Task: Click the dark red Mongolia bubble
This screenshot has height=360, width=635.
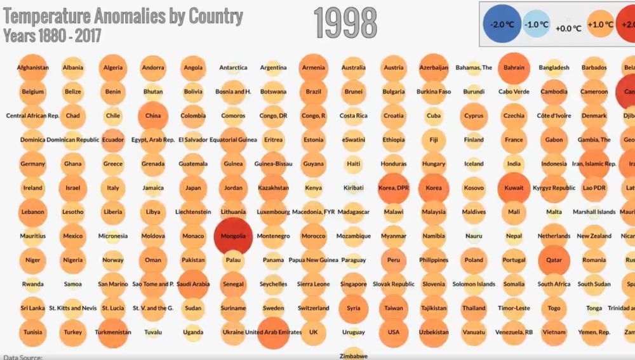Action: click(x=233, y=236)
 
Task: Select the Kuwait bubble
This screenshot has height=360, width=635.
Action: click(x=514, y=188)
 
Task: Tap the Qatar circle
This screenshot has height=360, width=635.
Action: click(x=554, y=260)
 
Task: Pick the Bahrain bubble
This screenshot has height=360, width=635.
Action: click(x=514, y=67)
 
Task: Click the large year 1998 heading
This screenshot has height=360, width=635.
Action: click(x=345, y=23)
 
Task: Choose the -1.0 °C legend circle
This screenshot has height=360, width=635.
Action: click(x=537, y=24)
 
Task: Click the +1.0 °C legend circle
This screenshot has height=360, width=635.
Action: click(x=599, y=24)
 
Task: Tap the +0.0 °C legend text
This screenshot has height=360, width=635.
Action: click(x=568, y=28)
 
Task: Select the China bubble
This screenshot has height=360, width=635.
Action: click(x=153, y=116)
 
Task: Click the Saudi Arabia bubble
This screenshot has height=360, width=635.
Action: click(x=193, y=284)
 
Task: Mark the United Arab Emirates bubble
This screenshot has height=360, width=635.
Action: click(x=273, y=332)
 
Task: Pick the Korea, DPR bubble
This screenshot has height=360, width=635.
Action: click(x=394, y=188)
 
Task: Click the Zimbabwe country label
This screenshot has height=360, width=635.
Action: click(x=354, y=356)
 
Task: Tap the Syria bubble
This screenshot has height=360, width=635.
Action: click(x=354, y=308)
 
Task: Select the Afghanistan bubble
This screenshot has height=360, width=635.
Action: click(x=33, y=67)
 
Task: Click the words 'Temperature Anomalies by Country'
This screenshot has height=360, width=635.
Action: click(x=123, y=17)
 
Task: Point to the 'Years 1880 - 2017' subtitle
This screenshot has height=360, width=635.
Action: click(x=47, y=36)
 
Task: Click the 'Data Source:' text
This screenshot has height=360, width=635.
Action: click(x=23, y=357)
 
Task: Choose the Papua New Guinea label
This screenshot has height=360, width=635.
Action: click(x=313, y=260)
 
